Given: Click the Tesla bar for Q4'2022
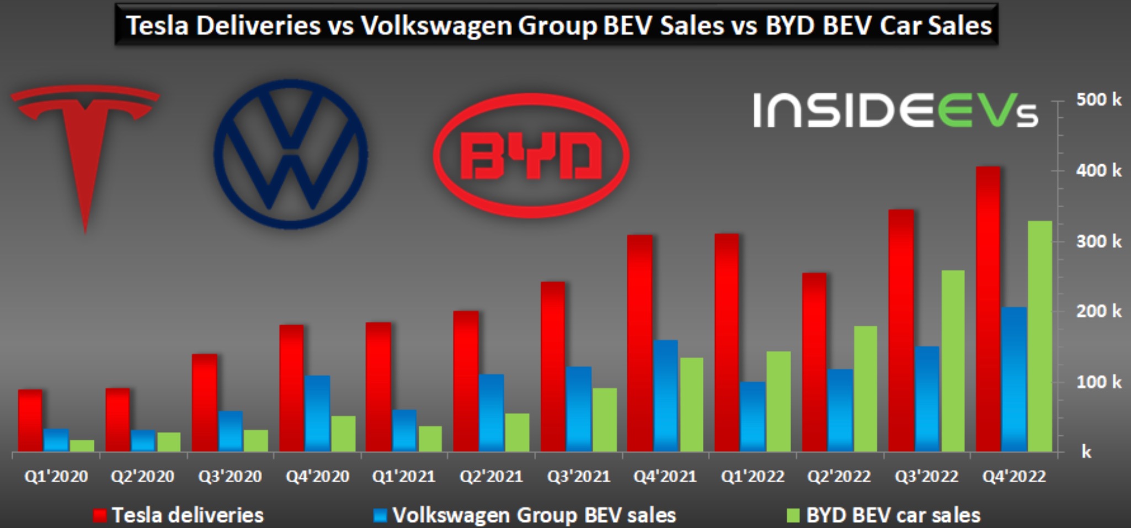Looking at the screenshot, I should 988,309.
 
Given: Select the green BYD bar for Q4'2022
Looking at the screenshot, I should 1040,336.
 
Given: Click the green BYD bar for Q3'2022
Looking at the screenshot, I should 953,361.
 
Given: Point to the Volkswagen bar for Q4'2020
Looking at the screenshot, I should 318,413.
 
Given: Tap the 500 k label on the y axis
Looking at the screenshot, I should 1098,100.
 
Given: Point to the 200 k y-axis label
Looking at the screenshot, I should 1098,311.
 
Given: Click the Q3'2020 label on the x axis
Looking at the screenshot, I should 230,476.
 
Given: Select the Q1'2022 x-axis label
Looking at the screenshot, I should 753,476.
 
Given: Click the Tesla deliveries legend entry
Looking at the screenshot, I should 179,515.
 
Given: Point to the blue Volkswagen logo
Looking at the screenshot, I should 291,154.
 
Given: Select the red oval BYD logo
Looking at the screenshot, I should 531,155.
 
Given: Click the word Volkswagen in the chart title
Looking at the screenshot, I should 436,25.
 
